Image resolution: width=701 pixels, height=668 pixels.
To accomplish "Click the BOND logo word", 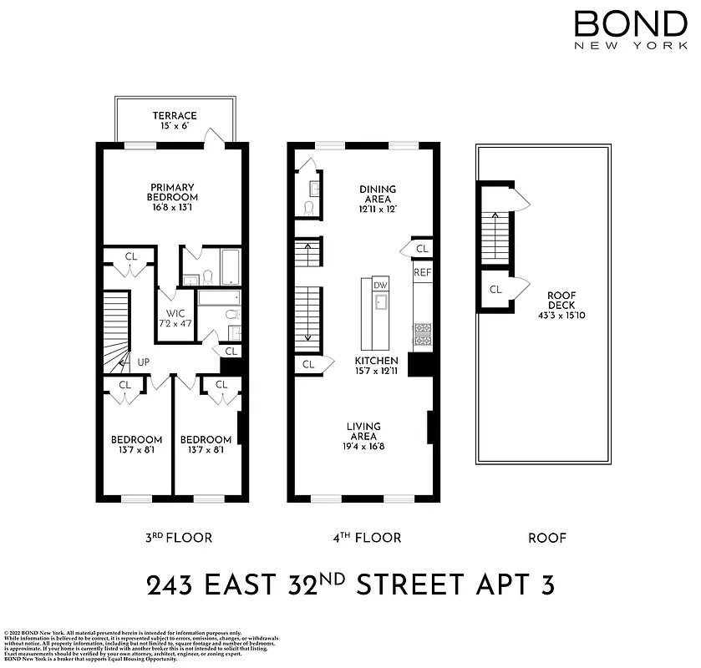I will [630, 23].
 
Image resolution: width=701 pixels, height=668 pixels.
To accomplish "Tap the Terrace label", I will [175, 116].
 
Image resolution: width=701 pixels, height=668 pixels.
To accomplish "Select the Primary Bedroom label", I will [173, 192].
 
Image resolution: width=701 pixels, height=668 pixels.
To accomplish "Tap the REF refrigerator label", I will [421, 272].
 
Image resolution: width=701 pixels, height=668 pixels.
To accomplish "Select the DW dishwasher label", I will [380, 286].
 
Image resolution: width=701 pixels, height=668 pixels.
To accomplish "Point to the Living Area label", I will [364, 431].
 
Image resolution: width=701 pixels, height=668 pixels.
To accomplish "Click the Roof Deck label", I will [561, 300].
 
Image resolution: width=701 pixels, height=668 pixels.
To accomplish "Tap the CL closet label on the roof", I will [495, 290].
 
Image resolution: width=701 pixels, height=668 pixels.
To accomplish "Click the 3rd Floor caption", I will [179, 538].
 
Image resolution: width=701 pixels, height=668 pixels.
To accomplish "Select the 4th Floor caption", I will [365, 538].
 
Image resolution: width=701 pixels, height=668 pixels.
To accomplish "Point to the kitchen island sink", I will [379, 301].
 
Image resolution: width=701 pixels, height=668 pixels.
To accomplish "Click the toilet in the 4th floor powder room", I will [307, 207].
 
